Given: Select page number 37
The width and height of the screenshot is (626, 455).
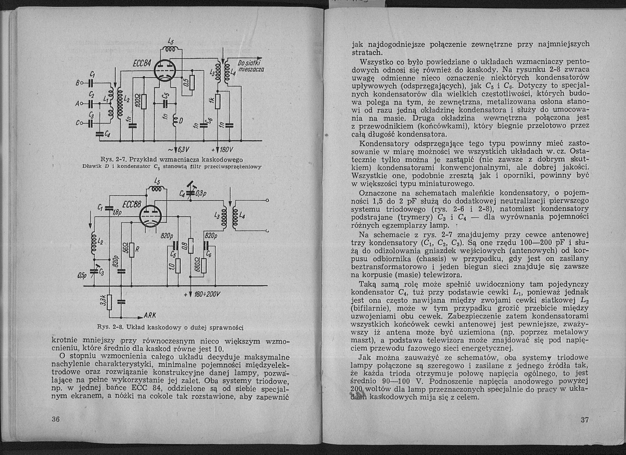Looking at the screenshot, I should pos(585,420).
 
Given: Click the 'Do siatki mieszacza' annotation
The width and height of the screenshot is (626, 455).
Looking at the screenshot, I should pos(250,66).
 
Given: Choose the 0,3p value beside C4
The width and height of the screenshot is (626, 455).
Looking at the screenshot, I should pos(200,194).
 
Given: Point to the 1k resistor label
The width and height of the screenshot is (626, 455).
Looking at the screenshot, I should pos(212,100).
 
